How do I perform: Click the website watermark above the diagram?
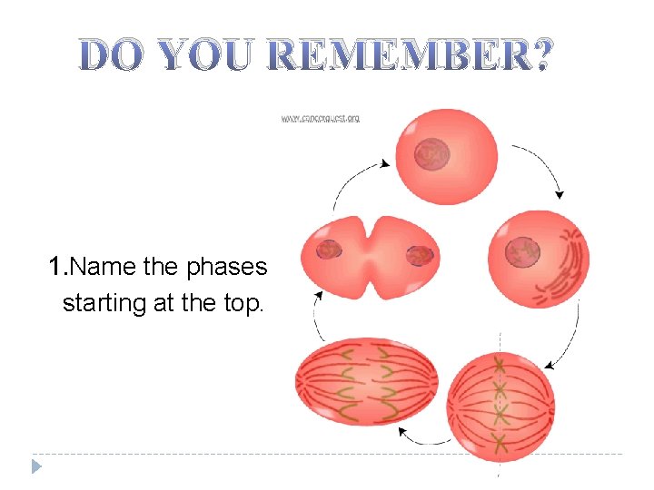coord(320,119)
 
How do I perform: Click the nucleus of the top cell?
coord(431,156)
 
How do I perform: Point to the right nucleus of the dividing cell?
coord(419,256)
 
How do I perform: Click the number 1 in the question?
coord(56,267)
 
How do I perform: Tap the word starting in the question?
coord(97,302)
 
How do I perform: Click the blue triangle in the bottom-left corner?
coord(36,466)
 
